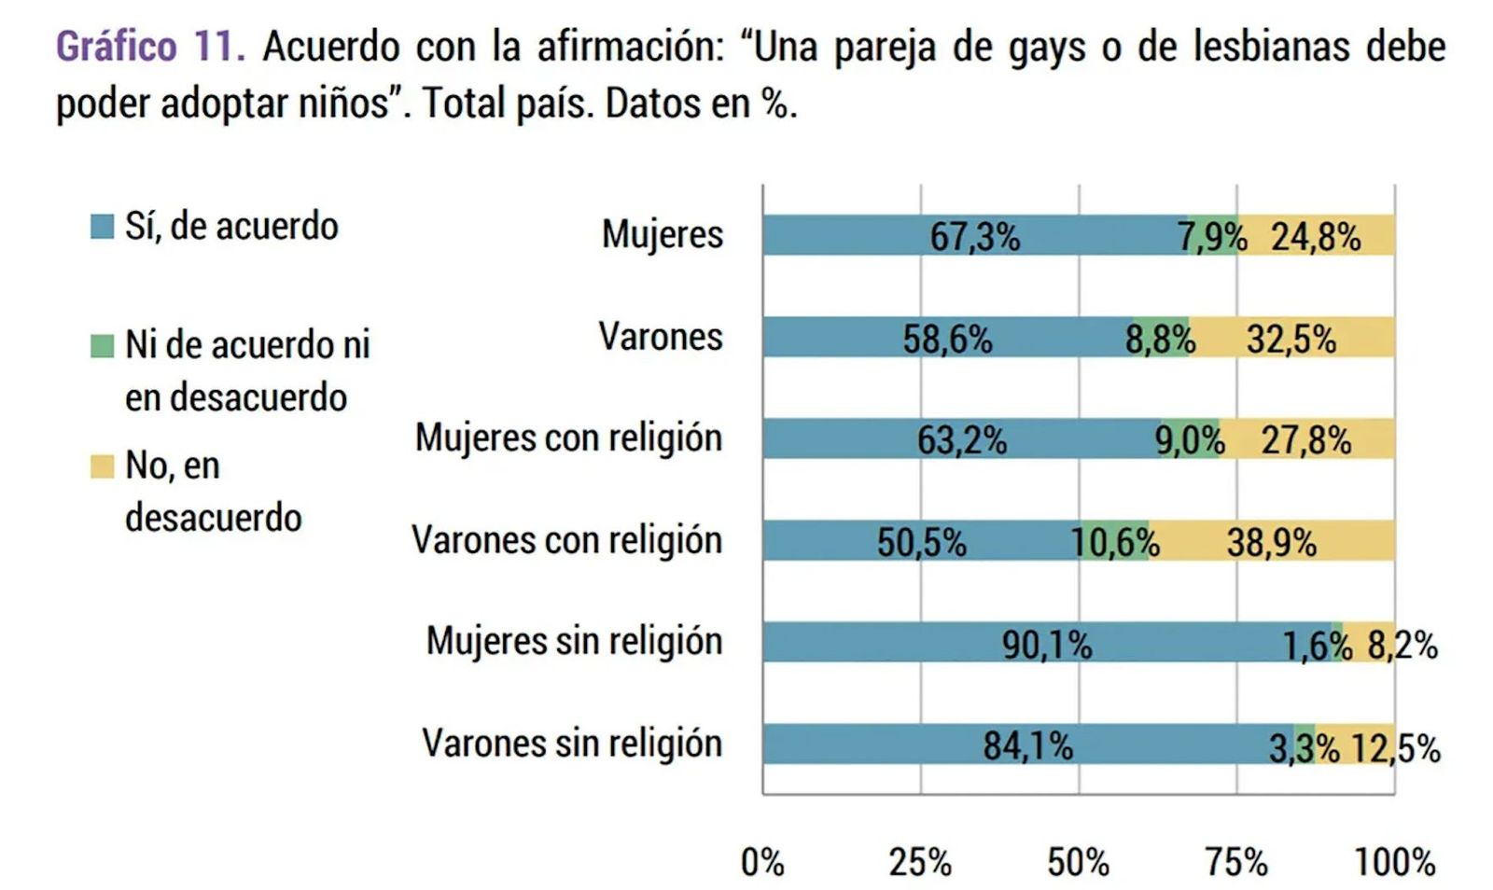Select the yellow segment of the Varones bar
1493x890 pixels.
(x=1292, y=338)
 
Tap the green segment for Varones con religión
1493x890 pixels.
(x=1115, y=541)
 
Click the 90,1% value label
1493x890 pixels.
(x=1046, y=644)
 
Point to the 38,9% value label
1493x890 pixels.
(x=1271, y=542)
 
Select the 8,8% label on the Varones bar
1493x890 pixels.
(x=1160, y=340)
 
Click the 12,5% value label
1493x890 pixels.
(x=1395, y=747)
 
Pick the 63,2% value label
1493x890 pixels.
(x=961, y=440)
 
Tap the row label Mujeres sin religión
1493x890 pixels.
(x=574, y=642)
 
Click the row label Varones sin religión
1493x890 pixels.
(x=572, y=744)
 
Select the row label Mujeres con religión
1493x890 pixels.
(x=568, y=438)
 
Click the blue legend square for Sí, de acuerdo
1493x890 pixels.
(x=102, y=227)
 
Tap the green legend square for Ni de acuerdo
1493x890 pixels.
(x=102, y=346)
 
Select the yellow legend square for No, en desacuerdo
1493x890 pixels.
(x=102, y=466)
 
